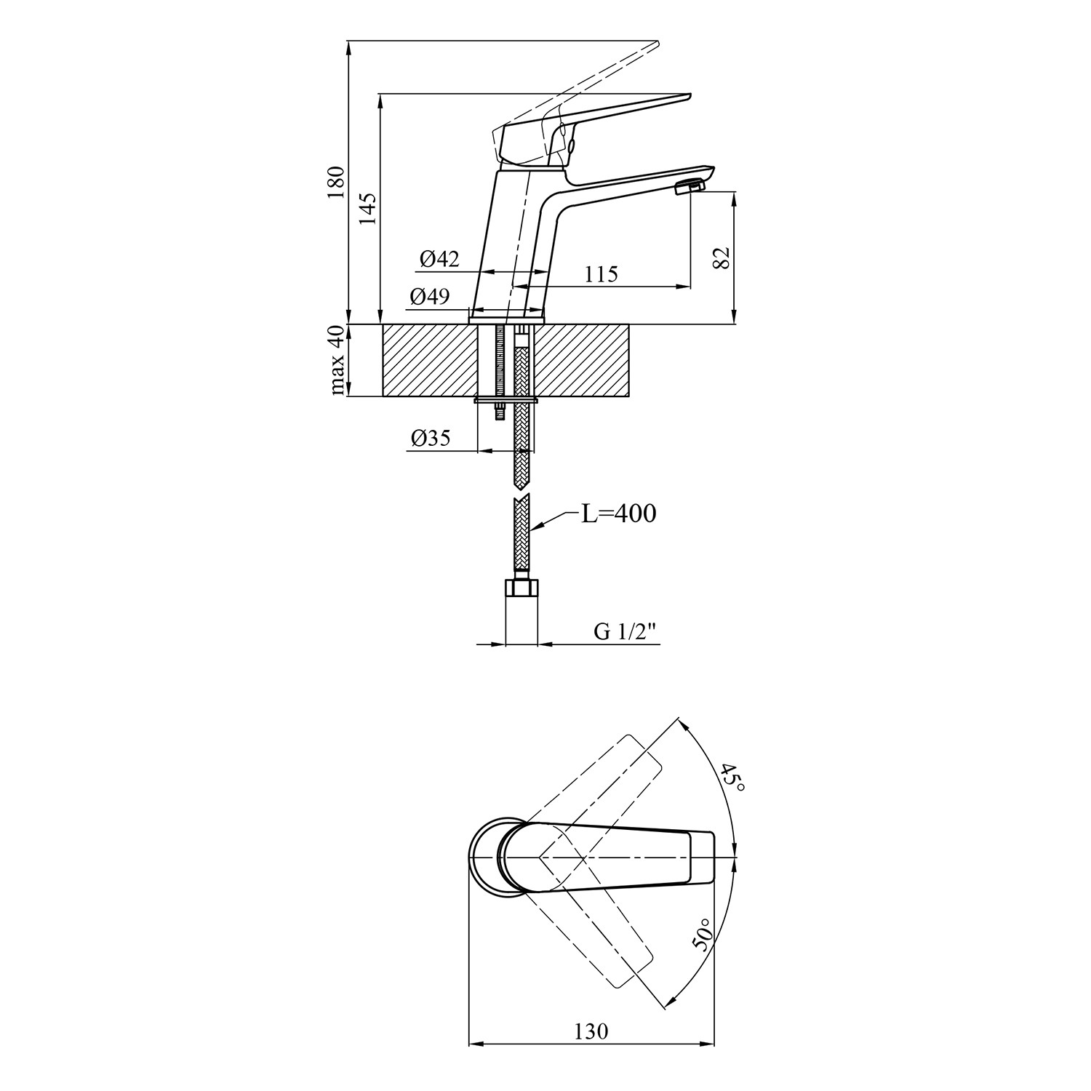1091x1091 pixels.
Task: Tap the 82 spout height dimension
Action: click(x=721, y=257)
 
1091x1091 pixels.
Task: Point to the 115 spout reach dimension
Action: click(x=600, y=274)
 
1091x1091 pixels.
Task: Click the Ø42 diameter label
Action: click(x=439, y=258)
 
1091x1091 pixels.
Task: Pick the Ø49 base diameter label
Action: click(x=429, y=296)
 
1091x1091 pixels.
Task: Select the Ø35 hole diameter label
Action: click(x=430, y=437)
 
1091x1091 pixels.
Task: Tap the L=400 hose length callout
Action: click(x=618, y=513)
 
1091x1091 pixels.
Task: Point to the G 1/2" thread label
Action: click(x=625, y=632)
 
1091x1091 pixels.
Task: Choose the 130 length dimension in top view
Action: click(x=591, y=1031)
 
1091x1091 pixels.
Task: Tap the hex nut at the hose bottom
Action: click(x=521, y=587)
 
